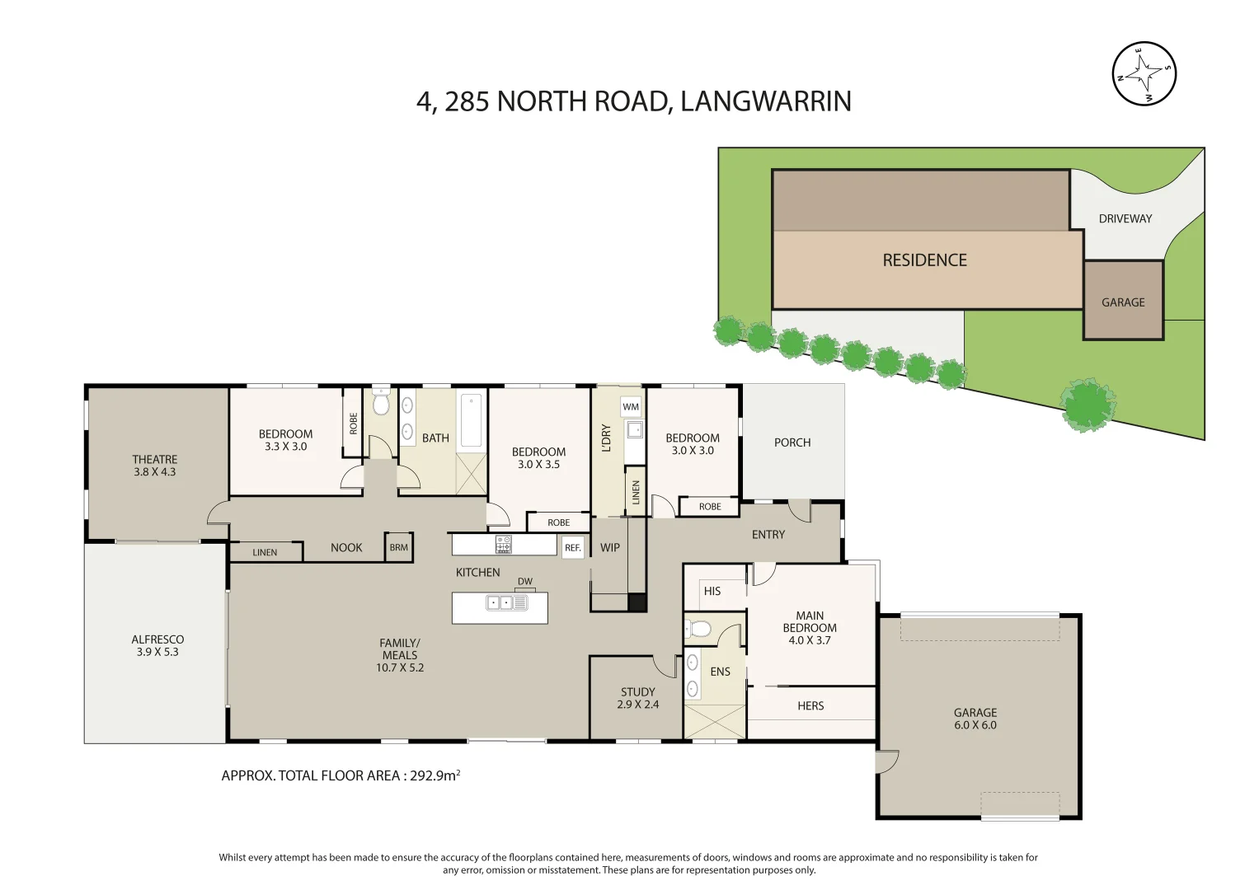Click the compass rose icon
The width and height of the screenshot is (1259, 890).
tap(1144, 74)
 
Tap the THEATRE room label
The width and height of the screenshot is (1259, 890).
tap(155, 460)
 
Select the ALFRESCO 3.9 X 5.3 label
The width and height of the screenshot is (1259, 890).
tap(157, 645)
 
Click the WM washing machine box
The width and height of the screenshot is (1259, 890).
tap(631, 406)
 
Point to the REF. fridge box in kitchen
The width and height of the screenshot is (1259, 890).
tap(573, 548)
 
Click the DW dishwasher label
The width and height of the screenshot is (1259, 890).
tap(525, 582)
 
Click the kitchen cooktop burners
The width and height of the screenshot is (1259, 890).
tap(503, 545)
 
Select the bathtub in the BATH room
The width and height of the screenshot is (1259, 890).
tap(471, 420)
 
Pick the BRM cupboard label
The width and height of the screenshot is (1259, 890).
tap(399, 548)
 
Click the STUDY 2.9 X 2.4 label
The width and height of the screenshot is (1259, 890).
tap(637, 698)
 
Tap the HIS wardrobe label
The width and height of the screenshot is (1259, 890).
tap(712, 591)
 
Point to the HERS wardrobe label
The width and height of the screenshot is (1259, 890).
tap(810, 706)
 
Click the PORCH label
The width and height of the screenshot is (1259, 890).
tap(792, 443)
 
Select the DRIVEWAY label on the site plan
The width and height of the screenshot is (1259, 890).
tap(1125, 218)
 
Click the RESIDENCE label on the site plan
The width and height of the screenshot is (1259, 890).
tap(924, 260)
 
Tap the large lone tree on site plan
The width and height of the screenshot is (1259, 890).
tap(1088, 405)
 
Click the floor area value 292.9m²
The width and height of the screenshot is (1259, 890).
tap(435, 775)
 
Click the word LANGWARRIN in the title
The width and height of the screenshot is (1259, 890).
tap(766, 101)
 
